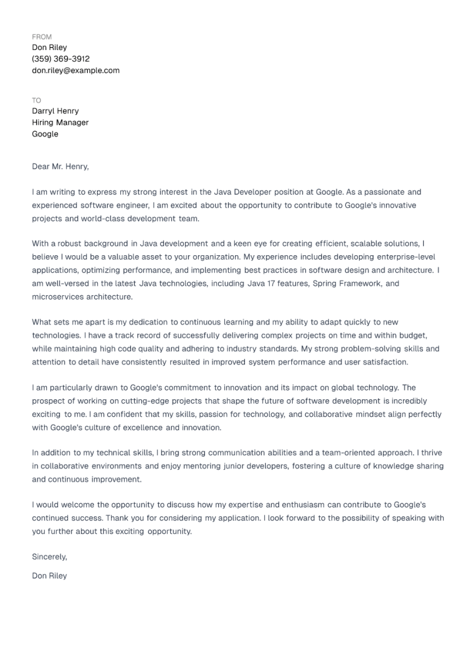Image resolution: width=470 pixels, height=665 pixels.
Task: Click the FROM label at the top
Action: (x=42, y=36)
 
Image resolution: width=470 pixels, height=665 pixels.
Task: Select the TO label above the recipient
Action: (x=36, y=100)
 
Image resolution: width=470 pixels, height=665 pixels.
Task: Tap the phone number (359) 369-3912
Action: (x=61, y=59)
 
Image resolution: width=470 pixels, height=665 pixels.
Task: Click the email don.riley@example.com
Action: (x=75, y=71)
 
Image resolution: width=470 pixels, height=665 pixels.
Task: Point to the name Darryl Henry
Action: (x=55, y=111)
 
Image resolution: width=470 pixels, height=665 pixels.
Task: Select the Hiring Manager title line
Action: (x=60, y=122)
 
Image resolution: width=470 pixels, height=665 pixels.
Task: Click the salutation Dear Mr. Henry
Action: (x=60, y=166)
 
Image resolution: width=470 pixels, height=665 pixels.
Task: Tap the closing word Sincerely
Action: (x=49, y=556)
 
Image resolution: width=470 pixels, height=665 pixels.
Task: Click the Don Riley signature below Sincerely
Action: (x=49, y=576)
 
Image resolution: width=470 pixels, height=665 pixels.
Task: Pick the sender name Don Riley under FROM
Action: (x=49, y=48)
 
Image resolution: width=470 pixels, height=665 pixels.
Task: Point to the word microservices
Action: (x=58, y=297)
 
